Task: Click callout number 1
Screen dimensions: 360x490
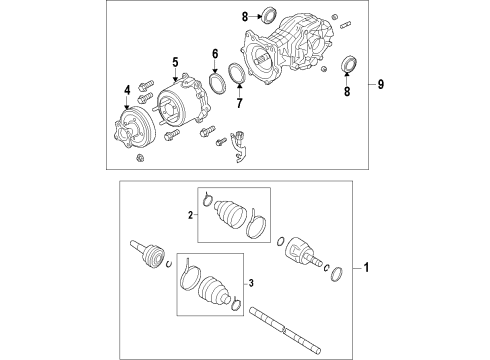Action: tap(366, 268)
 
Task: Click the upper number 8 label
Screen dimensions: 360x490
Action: tap(242, 16)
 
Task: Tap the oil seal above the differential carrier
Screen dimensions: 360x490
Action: tap(266, 15)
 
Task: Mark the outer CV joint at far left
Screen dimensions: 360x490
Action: tap(147, 255)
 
